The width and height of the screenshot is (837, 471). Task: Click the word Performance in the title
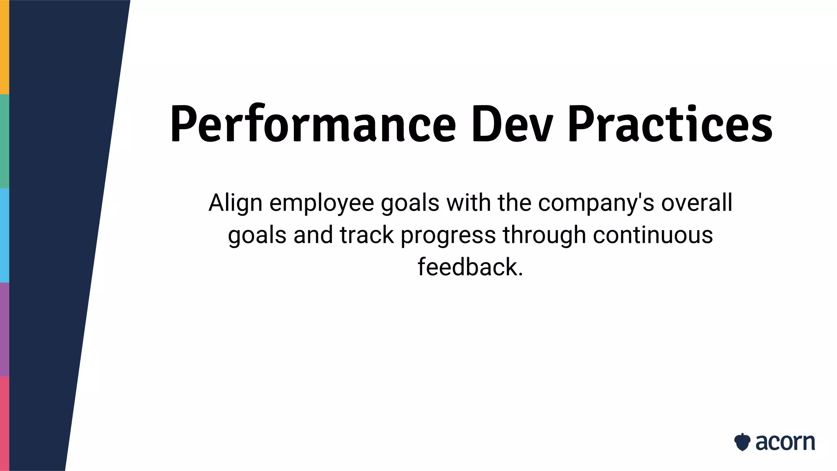point(313,125)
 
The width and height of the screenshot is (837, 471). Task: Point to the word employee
point(322,203)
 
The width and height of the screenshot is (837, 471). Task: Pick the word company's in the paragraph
point(596,203)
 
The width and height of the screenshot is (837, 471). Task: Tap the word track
point(367,235)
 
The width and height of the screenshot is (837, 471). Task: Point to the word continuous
point(653,235)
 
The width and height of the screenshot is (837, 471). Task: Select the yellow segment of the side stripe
point(4,47)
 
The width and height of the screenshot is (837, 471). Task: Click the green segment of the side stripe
point(4,141)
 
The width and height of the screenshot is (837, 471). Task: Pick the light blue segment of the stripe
point(4,235)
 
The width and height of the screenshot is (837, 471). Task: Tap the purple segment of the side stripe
point(4,329)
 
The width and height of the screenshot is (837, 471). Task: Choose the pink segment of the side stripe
point(4,424)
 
